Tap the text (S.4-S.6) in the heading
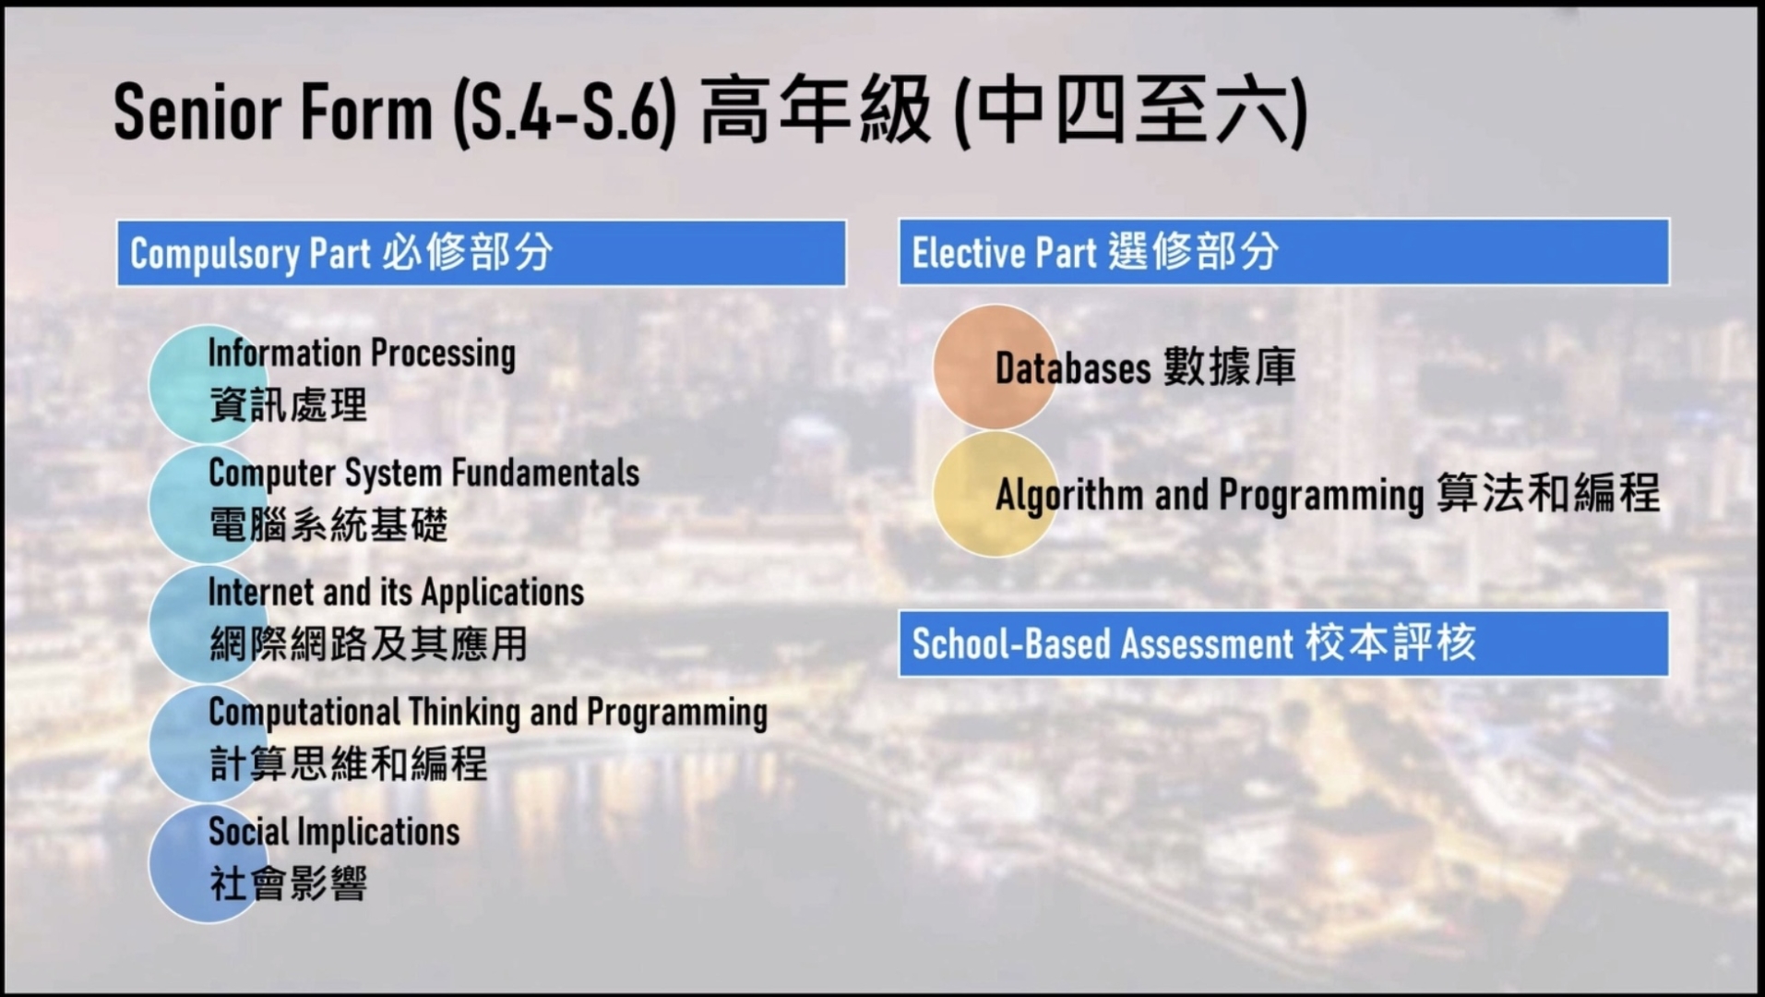566,113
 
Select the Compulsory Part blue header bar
482,253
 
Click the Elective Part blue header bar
1284,252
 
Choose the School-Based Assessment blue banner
1284,643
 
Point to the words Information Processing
362,354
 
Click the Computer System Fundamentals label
423,473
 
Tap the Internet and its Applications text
396,593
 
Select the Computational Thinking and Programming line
488,713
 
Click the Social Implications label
334,832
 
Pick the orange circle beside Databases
995,366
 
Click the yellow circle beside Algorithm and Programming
995,495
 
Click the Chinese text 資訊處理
288,405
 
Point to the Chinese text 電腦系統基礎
328,525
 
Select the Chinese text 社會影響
288,883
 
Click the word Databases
1073,368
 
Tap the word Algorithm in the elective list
1071,496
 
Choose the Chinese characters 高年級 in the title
816,112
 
